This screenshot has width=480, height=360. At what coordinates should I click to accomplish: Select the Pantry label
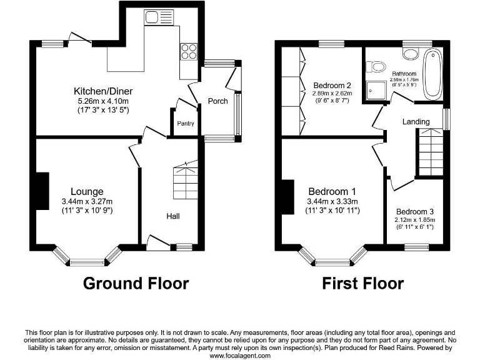[x=186, y=124]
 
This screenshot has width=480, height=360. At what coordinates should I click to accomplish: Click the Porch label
[x=217, y=101]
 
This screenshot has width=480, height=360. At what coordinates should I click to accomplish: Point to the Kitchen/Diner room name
[x=103, y=91]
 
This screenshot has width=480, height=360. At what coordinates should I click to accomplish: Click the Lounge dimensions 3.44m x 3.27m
[x=87, y=201]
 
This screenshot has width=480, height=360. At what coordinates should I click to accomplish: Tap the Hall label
[x=173, y=216]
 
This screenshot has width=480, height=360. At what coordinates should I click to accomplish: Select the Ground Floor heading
[x=136, y=283]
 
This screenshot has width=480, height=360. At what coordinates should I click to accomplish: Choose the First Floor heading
[x=362, y=283]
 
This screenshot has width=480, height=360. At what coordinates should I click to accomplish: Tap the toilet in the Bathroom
[x=376, y=66]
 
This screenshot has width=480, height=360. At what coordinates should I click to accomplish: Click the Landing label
[x=416, y=121]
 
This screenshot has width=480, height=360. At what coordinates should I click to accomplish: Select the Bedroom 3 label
[x=415, y=211]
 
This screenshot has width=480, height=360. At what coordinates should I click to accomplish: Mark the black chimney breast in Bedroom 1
[x=288, y=197]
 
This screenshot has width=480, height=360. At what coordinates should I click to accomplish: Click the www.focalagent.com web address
[x=240, y=356]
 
